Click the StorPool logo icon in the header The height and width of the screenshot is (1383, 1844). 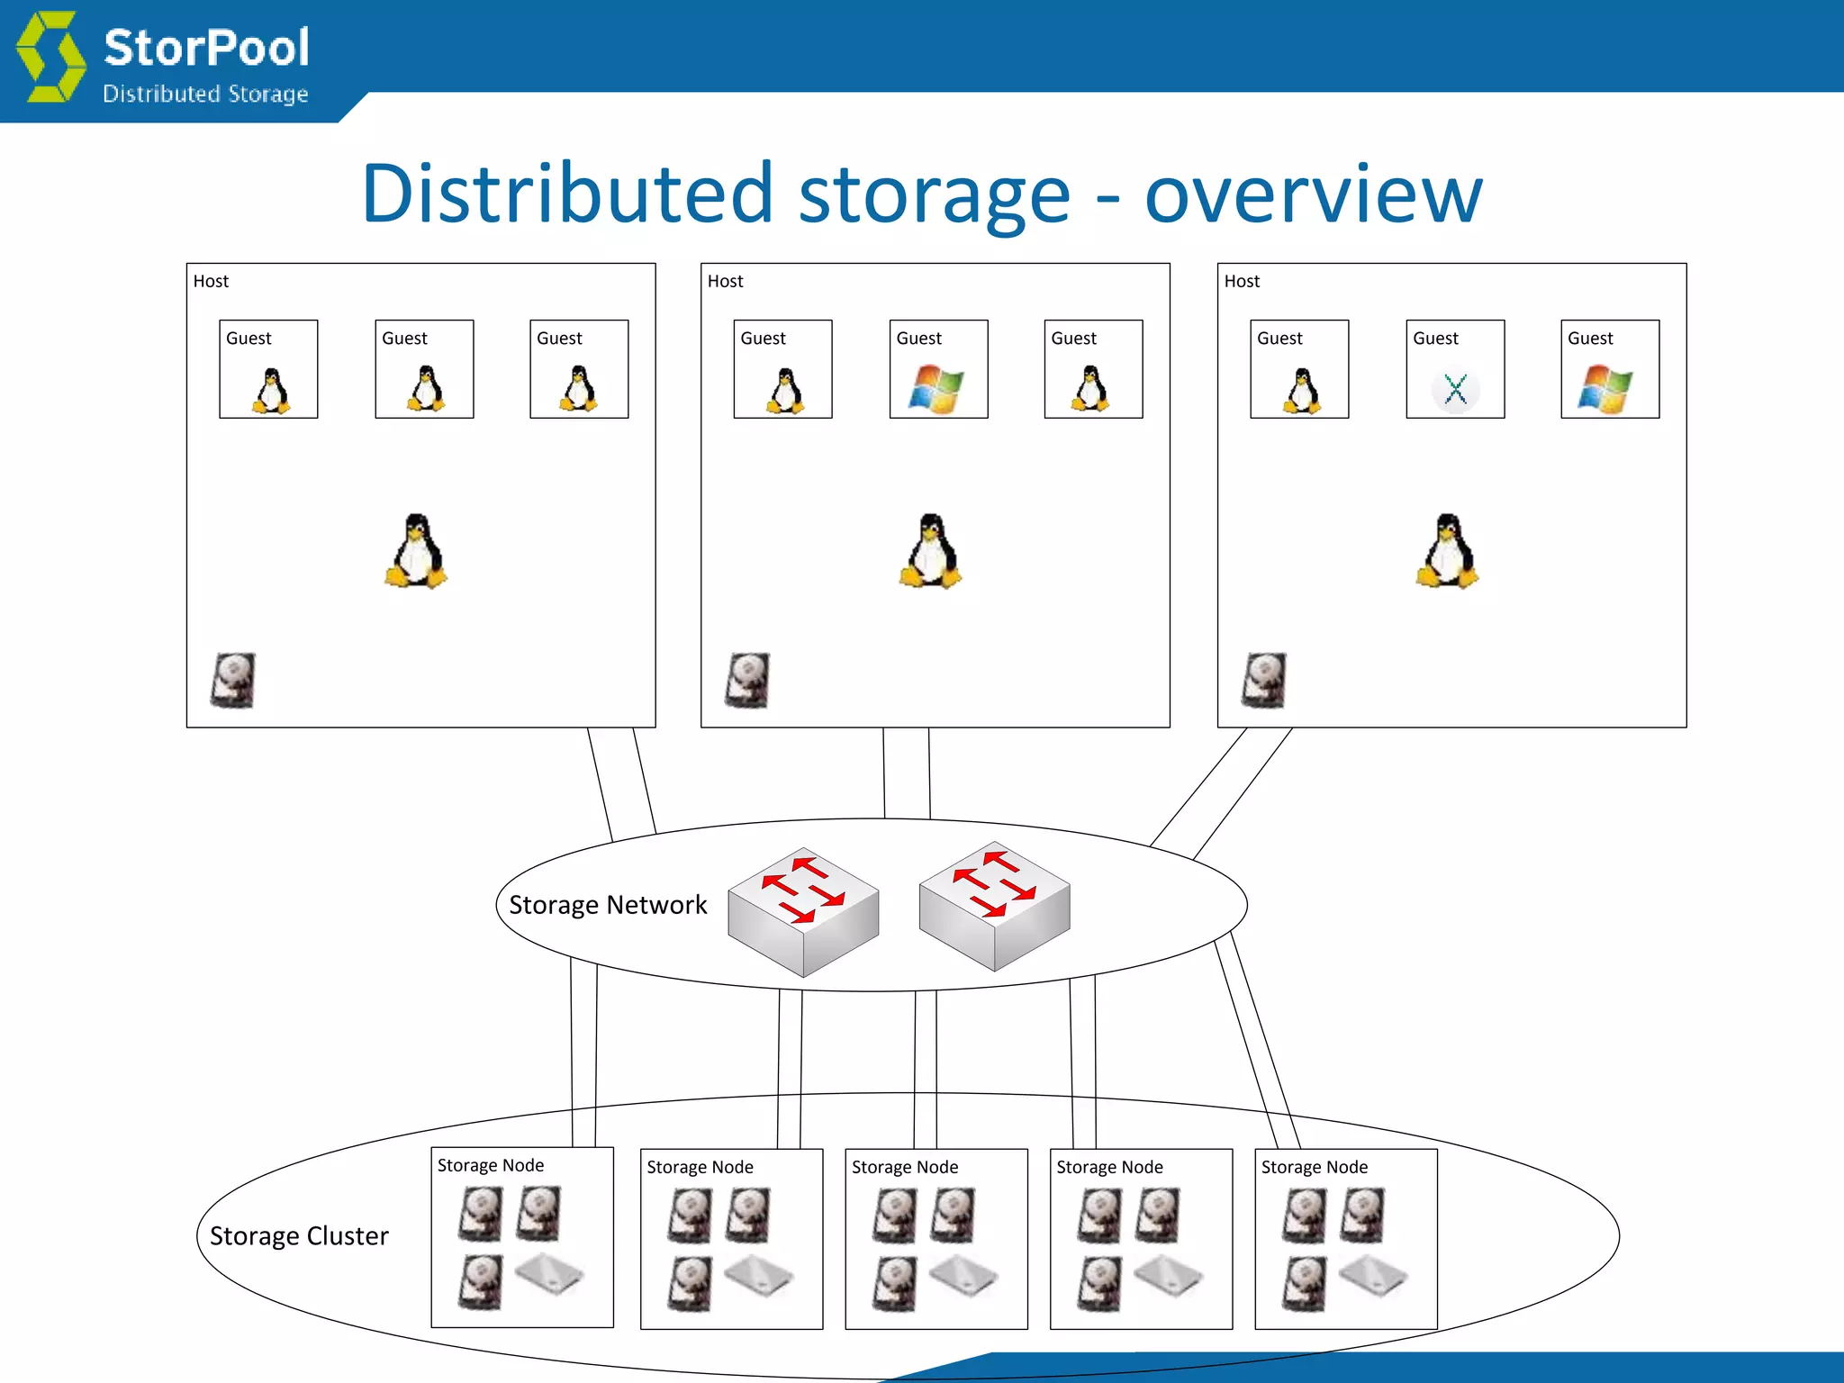52,57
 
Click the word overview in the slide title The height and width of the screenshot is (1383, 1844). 1313,194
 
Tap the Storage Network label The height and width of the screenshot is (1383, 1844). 608,905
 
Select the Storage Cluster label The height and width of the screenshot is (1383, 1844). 299,1236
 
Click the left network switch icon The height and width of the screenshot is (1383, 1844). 803,911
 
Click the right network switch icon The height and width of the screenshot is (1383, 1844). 994,906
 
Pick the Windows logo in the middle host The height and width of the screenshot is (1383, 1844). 936,389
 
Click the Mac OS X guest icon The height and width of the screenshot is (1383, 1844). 1455,390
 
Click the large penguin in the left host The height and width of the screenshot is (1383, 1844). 416,551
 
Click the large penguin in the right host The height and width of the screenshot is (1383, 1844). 1447,551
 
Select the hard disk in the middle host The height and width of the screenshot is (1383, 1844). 747,681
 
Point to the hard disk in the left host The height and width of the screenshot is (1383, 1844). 233,681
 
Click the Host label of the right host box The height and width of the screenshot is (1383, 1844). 1242,282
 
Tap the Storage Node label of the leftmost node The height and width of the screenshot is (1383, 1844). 491,1166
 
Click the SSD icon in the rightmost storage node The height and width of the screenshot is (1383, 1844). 1372,1276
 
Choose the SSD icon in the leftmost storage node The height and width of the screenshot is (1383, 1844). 549,1274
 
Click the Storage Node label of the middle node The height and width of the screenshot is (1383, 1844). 905,1168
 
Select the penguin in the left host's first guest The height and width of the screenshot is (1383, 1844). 271,391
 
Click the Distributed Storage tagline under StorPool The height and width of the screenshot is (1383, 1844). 205,95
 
